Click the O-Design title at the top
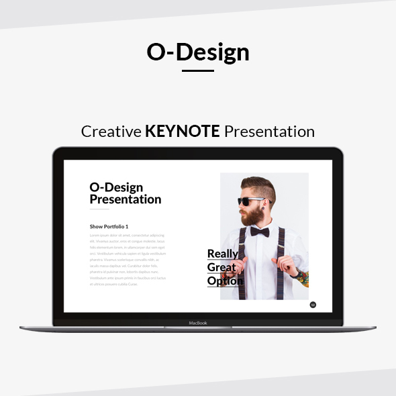[x=198, y=52]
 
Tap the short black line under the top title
[x=198, y=70]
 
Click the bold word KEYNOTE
[x=183, y=131]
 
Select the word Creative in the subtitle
[x=111, y=131]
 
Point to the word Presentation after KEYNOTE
[x=269, y=131]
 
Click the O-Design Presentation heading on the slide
[x=126, y=193]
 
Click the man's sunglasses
[x=251, y=201]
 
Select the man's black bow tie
[x=260, y=232]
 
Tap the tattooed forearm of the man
[x=301, y=277]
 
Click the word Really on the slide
[x=223, y=254]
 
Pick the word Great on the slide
[x=221, y=267]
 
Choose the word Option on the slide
[x=225, y=281]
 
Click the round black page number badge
[x=313, y=305]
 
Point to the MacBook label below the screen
[x=198, y=323]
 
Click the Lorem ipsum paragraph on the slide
[x=128, y=260]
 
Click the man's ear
[x=266, y=203]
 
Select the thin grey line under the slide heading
[x=99, y=210]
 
